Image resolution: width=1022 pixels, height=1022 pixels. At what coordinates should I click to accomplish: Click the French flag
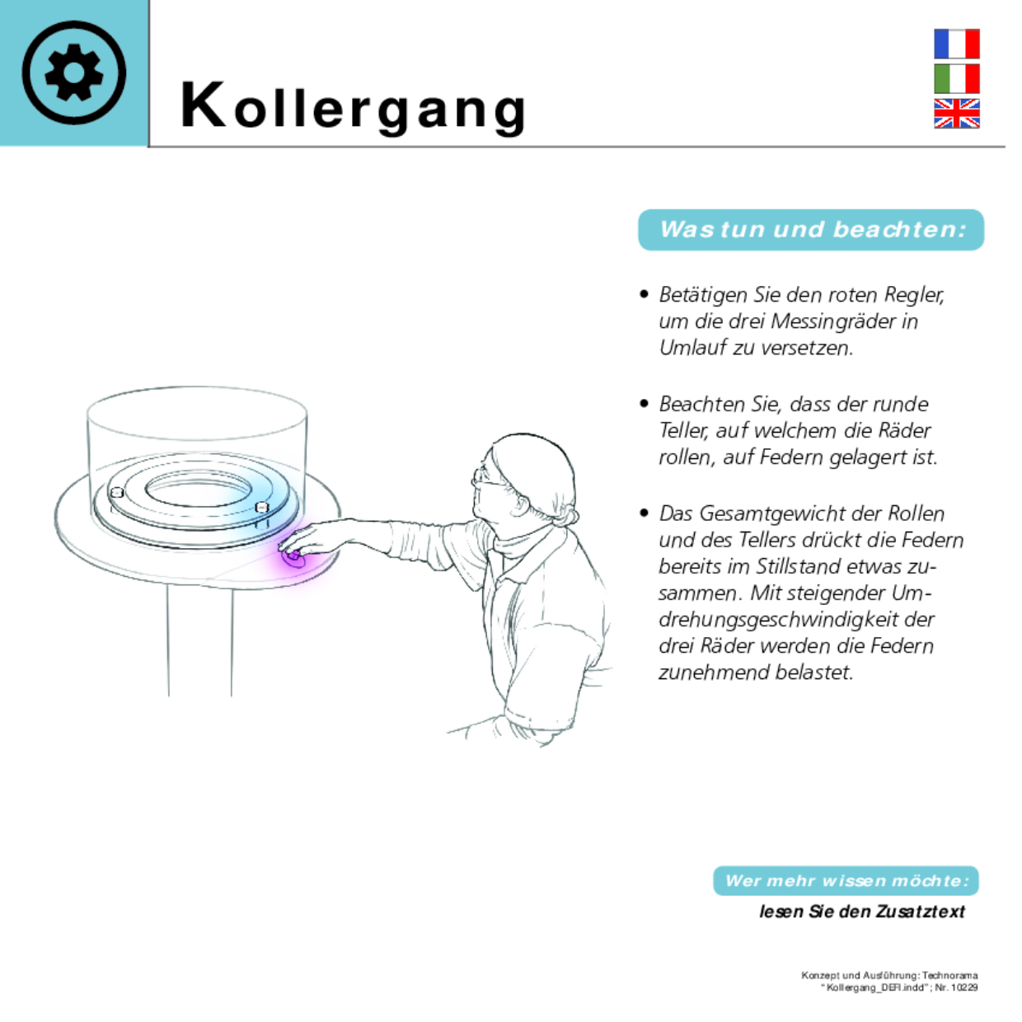click(956, 44)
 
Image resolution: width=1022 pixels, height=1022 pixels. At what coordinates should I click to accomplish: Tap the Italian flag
click(956, 78)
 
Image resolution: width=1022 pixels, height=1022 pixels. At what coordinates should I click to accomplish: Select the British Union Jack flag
click(956, 114)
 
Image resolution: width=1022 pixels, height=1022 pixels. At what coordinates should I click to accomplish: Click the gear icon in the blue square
click(73, 73)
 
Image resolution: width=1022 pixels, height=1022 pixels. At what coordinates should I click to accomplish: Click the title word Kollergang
click(354, 107)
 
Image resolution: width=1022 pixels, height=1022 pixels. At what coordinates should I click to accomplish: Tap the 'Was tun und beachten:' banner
click(811, 230)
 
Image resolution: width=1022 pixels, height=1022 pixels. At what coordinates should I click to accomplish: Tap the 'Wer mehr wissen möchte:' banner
click(846, 881)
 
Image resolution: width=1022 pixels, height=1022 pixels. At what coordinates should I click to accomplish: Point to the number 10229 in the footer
click(963, 987)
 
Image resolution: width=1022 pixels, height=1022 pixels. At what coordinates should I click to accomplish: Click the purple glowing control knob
click(293, 556)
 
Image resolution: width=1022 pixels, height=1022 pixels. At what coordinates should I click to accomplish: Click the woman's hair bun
click(568, 515)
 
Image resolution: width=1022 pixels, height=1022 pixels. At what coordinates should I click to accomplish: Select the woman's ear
click(521, 504)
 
